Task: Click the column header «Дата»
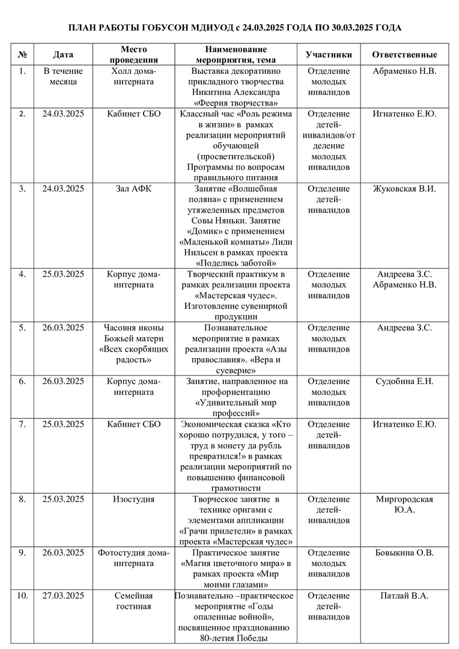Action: (x=63, y=55)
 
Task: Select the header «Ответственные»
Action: (x=404, y=55)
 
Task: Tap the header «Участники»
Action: (x=329, y=55)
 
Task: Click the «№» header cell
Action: (x=22, y=55)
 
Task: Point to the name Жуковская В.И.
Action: (x=404, y=189)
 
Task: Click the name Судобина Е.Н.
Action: (x=404, y=381)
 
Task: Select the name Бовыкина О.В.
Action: (x=404, y=553)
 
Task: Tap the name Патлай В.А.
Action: (x=404, y=596)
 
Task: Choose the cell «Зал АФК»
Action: (x=134, y=189)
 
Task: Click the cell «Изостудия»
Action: (x=134, y=499)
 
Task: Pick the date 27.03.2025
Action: (x=63, y=596)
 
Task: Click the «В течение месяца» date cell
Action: (x=63, y=76)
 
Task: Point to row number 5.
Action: (x=22, y=328)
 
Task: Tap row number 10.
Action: (x=22, y=596)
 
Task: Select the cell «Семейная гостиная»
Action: (x=134, y=601)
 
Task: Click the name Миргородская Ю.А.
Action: (x=404, y=505)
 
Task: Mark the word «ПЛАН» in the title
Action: (x=81, y=28)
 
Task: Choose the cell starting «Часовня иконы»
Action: (x=134, y=344)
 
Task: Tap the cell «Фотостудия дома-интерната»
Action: (x=134, y=558)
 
